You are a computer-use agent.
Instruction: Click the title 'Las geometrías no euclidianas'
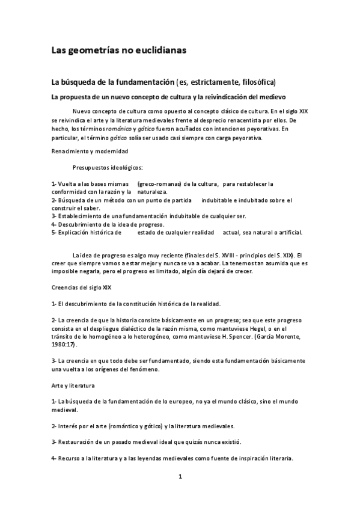tap(118, 51)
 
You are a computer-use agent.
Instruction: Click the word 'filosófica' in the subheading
tap(261, 81)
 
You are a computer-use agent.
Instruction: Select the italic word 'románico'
tap(120, 129)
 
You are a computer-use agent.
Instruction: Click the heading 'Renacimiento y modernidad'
tap(90, 151)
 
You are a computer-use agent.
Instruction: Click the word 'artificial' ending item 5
tap(285, 232)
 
